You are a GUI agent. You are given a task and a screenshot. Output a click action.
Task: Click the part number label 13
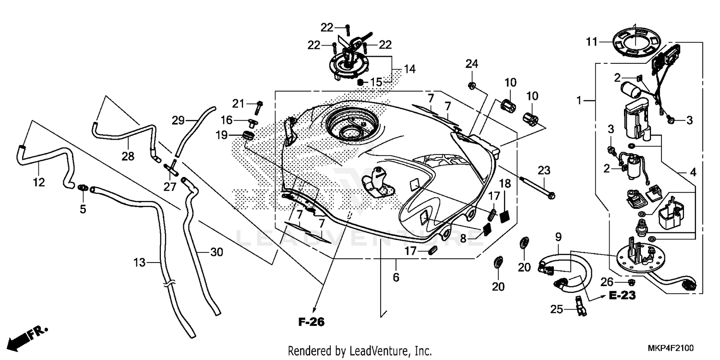139,262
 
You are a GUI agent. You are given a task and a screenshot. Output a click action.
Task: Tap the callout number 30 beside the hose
216,252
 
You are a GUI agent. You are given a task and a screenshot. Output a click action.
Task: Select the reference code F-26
311,322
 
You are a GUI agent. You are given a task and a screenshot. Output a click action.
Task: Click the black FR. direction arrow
22,339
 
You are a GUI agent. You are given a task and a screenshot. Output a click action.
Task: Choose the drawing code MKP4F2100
672,348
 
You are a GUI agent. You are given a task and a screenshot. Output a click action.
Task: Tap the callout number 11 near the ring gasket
591,42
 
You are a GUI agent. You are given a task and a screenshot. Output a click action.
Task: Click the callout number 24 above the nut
472,64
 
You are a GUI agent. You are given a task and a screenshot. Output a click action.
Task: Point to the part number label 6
396,277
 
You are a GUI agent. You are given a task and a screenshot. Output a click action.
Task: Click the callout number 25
556,310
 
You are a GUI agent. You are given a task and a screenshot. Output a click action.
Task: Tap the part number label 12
39,182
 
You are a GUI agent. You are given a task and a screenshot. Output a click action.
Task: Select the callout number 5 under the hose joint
83,209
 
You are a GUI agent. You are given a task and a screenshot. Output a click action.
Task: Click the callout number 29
178,120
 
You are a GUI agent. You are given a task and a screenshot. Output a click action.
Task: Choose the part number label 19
221,135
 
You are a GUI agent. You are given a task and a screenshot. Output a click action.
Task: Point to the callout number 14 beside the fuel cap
409,70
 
